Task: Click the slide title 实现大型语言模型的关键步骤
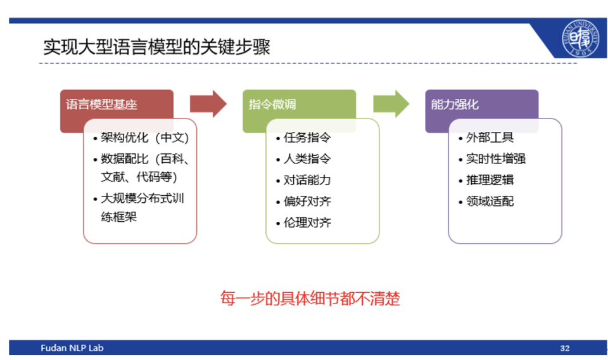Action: tap(156, 48)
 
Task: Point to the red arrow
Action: tap(208, 104)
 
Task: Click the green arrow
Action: tap(391, 104)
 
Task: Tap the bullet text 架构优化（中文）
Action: tap(144, 138)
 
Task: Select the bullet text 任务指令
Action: tap(307, 138)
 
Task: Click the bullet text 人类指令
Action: tap(307, 158)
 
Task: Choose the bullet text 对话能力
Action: tap(307, 180)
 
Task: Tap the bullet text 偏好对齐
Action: tap(307, 202)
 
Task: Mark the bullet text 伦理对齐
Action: tap(307, 222)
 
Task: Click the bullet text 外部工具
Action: tap(490, 138)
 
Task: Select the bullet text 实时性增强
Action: tap(495, 158)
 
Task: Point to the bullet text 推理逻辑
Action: tap(490, 180)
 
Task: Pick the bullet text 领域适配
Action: tap(490, 202)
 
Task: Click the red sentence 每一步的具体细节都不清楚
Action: tap(310, 299)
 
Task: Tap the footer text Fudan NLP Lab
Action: tap(72, 348)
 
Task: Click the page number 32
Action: tap(565, 349)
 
